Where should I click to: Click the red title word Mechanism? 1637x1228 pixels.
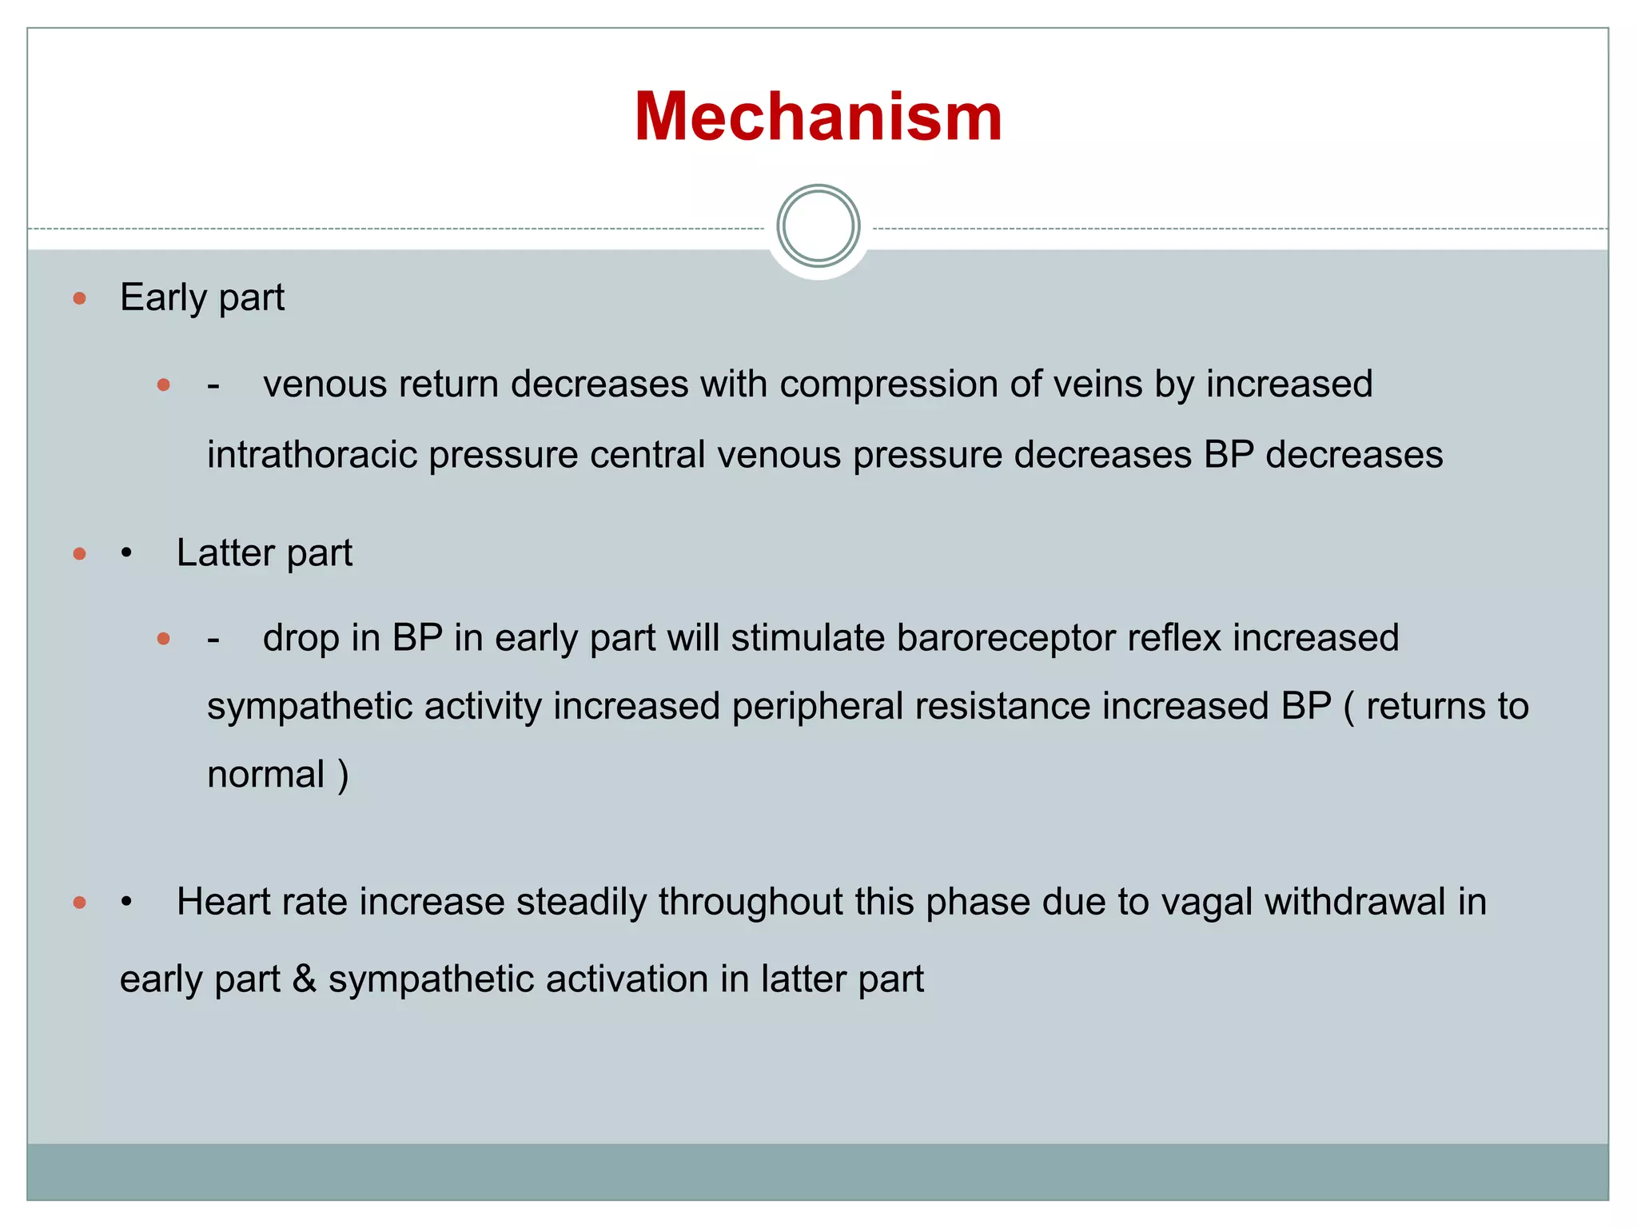(818, 117)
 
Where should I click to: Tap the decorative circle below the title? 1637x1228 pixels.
(818, 226)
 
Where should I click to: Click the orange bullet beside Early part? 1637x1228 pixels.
(79, 299)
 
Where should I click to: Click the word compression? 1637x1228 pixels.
(888, 385)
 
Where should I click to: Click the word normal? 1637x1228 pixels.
(266, 775)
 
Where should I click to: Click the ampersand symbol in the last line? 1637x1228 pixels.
(304, 979)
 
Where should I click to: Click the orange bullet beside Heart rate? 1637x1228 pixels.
(79, 903)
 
